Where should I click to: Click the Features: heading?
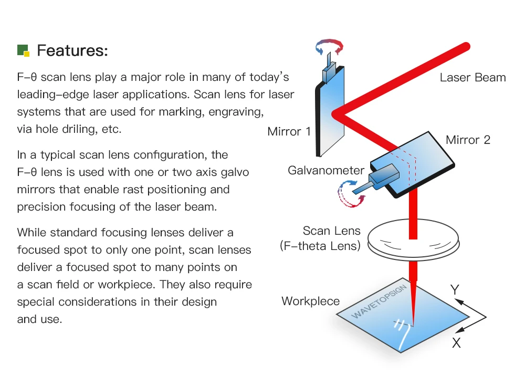(72, 51)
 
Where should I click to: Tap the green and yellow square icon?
(23, 50)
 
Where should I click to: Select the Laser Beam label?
(472, 78)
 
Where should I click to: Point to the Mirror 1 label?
(289, 131)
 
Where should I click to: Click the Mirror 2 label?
(468, 140)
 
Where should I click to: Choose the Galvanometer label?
(325, 170)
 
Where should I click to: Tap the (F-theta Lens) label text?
(320, 245)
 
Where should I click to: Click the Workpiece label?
(310, 301)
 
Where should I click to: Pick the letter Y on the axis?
(455, 289)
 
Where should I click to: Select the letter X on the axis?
(456, 343)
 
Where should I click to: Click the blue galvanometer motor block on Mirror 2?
(385, 175)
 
